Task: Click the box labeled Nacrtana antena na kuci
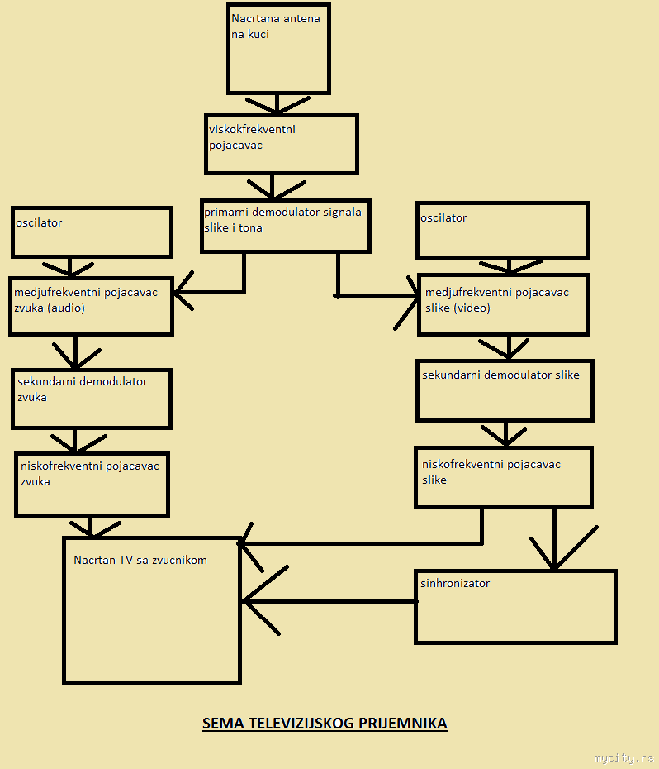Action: (x=278, y=49)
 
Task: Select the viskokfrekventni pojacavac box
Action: (x=281, y=144)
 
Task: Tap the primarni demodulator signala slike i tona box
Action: (x=285, y=225)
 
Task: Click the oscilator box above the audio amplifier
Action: (x=91, y=232)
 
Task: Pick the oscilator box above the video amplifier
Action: (x=502, y=231)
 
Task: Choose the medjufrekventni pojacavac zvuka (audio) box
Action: (x=91, y=306)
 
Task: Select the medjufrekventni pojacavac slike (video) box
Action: (x=504, y=304)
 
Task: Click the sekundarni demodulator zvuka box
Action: (x=91, y=399)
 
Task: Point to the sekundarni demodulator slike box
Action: (x=505, y=390)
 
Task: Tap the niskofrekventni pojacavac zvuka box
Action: (x=92, y=484)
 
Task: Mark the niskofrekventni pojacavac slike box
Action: (x=504, y=477)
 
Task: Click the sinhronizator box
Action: (x=515, y=606)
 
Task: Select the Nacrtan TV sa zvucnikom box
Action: (x=152, y=610)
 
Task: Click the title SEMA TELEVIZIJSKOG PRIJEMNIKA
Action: (x=325, y=724)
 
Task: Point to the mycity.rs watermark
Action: (x=623, y=757)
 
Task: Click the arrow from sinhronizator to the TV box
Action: (x=330, y=601)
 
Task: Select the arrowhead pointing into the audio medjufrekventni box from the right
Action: (x=183, y=291)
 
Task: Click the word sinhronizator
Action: (x=455, y=583)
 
